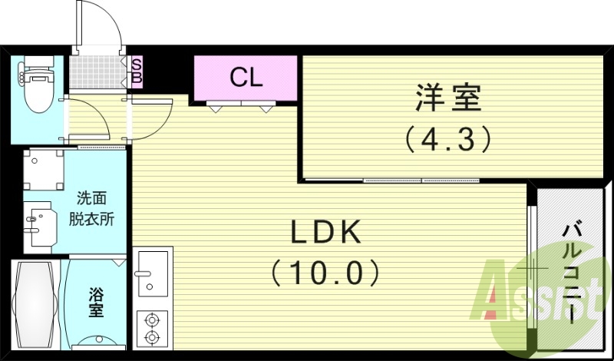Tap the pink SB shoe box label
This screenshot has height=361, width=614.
click(136, 70)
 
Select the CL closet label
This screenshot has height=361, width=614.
click(246, 77)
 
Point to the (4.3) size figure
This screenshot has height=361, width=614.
click(447, 139)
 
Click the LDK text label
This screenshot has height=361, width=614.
click(326, 233)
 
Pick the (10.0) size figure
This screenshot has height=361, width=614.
click(325, 271)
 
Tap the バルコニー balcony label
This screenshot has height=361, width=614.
click(572, 269)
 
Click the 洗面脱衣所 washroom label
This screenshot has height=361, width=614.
click(95, 207)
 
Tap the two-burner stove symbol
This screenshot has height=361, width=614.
click(150, 328)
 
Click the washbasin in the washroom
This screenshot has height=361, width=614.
click(38, 222)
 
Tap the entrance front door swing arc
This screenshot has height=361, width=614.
click(107, 23)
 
